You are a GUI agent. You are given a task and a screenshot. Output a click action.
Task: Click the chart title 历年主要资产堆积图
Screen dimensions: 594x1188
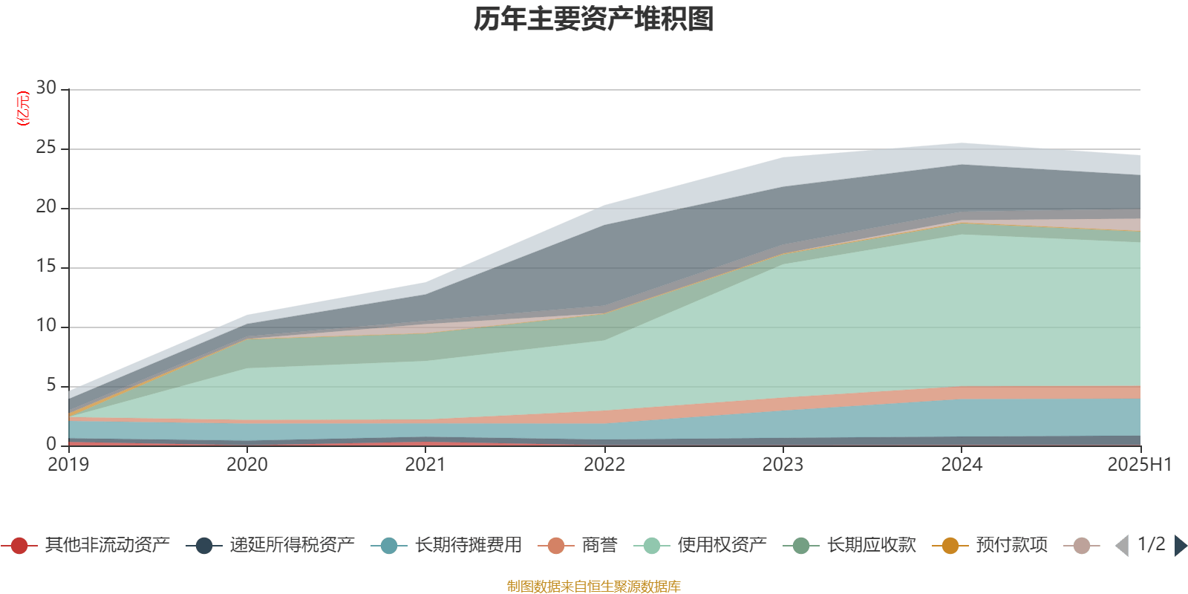click(594, 19)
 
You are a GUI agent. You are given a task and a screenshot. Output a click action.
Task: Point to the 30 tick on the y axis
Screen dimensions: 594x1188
click(46, 88)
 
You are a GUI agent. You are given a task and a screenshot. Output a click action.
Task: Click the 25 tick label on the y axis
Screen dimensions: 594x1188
click(46, 148)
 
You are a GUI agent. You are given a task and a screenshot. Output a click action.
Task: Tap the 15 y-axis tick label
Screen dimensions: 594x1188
click(46, 267)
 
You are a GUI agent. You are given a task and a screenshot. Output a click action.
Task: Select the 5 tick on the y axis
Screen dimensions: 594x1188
click(50, 385)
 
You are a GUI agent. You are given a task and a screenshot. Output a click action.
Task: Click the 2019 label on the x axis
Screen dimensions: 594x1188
click(68, 465)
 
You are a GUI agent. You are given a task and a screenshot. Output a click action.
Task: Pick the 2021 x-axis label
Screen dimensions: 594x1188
click(425, 465)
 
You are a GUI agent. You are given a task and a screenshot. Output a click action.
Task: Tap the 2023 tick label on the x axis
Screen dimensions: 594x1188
click(783, 465)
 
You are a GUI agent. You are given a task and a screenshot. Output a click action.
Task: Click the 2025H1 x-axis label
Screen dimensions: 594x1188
click(1138, 465)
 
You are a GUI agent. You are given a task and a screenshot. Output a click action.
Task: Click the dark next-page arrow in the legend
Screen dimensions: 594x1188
click(1180, 546)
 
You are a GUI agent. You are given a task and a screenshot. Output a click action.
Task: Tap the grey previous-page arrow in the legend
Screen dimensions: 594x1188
click(1122, 546)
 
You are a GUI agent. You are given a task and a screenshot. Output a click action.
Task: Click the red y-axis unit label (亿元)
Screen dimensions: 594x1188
click(22, 108)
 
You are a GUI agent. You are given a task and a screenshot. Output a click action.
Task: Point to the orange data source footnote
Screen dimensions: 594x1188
click(594, 587)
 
